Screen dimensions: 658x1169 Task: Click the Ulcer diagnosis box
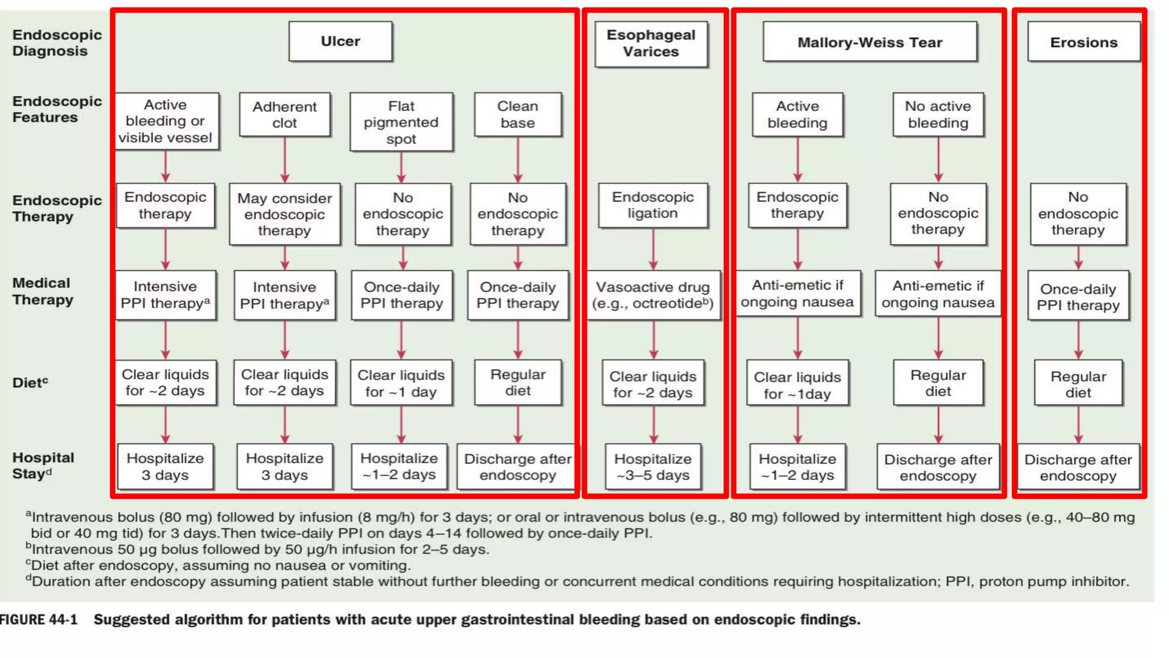click(x=340, y=41)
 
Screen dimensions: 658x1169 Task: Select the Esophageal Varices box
click(x=651, y=44)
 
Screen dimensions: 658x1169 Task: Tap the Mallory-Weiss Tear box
click(x=869, y=42)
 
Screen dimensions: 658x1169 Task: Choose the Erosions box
click(x=1083, y=42)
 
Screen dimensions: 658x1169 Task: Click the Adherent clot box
click(x=284, y=115)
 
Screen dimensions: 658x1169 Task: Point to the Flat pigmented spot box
click(x=401, y=122)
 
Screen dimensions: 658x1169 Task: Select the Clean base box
click(x=518, y=115)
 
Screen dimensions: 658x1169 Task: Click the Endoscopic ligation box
click(x=652, y=205)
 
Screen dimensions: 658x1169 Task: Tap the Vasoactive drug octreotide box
click(x=653, y=295)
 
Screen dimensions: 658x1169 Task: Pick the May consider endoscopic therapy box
click(x=284, y=214)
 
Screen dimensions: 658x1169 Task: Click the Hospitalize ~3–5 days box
click(x=653, y=467)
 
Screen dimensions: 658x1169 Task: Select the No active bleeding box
click(x=938, y=115)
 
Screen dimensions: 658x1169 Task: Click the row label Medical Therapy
click(x=43, y=291)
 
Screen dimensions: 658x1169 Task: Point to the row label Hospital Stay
click(x=43, y=466)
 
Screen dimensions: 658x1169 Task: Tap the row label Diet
click(x=30, y=383)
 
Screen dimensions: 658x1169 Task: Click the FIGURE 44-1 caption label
click(x=39, y=620)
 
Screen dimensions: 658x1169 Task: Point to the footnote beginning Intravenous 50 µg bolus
click(x=260, y=549)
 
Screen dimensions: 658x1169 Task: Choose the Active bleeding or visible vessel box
click(x=166, y=121)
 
